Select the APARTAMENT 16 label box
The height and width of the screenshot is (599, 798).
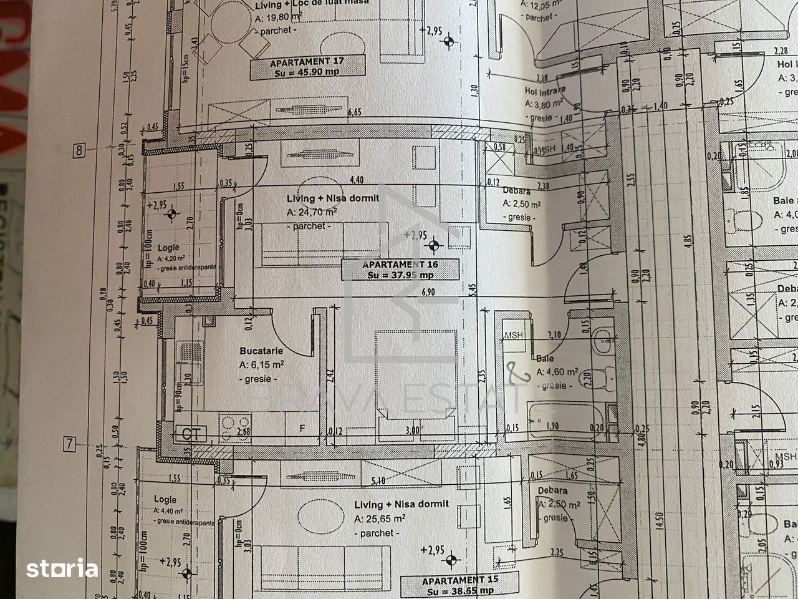pos(400,270)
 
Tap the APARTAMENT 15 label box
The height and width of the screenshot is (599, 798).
pos(460,585)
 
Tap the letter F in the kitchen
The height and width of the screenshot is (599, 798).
pos(302,429)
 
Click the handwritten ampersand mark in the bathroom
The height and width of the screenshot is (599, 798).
pos(517,373)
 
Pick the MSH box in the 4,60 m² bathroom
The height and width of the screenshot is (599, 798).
pos(514,335)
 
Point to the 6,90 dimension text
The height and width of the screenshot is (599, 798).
pos(428,291)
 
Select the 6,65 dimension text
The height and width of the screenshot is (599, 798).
pos(355,112)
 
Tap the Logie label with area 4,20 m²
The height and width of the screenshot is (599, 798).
pos(168,248)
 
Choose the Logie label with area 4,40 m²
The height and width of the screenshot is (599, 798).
pos(165,499)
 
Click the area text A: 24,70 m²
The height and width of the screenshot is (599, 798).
pos(312,212)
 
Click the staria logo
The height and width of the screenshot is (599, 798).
pos(62,568)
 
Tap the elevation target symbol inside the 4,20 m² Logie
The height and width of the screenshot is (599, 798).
pos(172,215)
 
